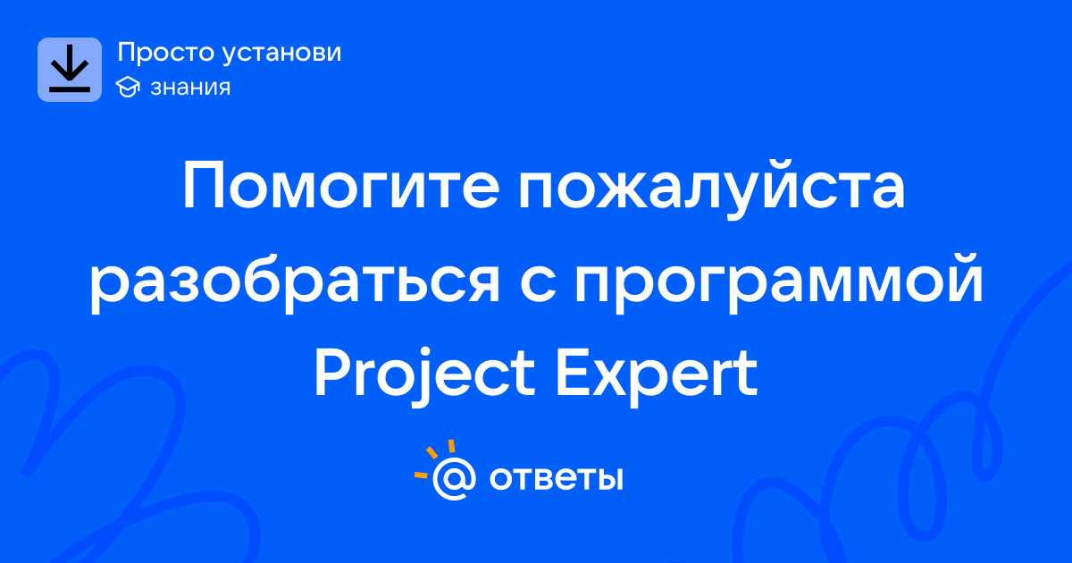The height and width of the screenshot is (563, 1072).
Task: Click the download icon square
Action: [x=70, y=70]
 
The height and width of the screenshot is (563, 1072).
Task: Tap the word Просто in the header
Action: [x=165, y=53]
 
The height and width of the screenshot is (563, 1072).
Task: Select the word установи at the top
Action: [x=282, y=54]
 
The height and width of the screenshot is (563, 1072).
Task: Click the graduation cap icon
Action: [x=128, y=88]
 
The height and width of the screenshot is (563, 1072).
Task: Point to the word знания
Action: [x=190, y=88]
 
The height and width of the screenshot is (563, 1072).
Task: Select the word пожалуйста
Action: [x=712, y=190]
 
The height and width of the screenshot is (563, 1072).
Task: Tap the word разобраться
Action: [x=295, y=285]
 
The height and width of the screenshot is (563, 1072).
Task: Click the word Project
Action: [x=424, y=377]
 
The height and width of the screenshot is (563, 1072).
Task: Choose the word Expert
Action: [x=656, y=377]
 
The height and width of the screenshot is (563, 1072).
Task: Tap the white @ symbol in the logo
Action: [x=454, y=478]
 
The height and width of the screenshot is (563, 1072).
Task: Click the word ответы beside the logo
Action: [x=556, y=478]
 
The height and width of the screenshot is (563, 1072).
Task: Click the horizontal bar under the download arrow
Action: [x=70, y=89]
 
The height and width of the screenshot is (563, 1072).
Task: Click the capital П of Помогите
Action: [x=204, y=186]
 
